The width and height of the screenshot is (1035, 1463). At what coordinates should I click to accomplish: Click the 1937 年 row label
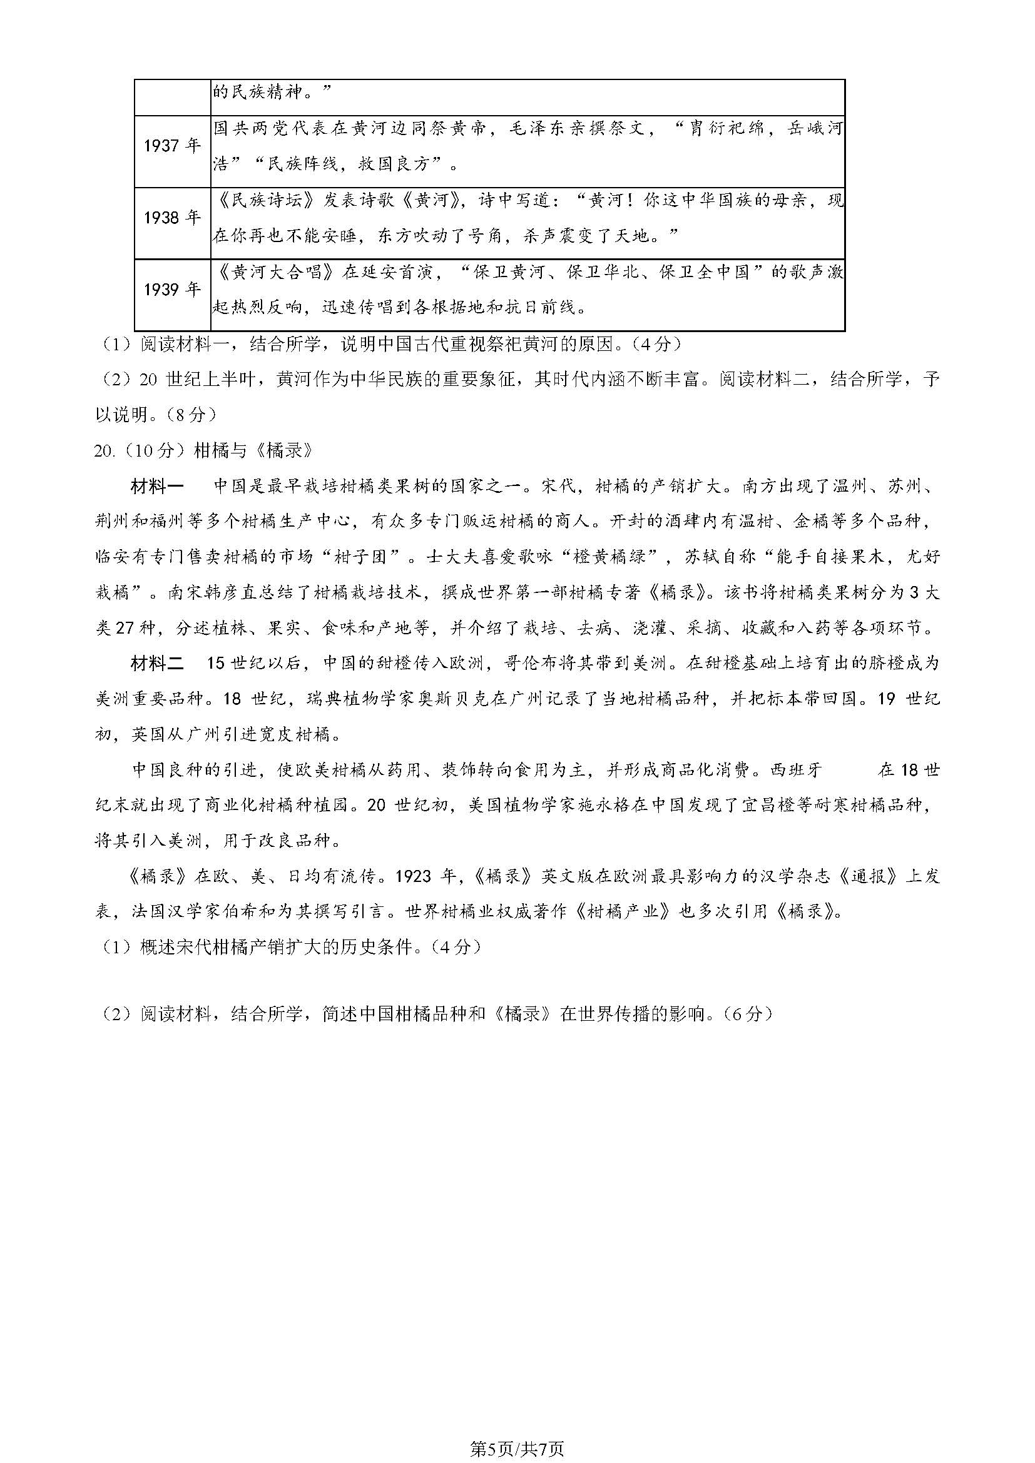point(172,146)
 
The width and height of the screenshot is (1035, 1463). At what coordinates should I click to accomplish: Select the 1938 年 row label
point(172,218)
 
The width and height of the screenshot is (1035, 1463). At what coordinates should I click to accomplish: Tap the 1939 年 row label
point(172,291)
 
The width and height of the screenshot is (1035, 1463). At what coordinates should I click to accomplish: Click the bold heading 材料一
point(157,486)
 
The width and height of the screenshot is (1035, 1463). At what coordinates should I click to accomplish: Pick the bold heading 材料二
point(157,663)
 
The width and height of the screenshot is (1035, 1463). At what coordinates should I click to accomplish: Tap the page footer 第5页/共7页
point(517,1449)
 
